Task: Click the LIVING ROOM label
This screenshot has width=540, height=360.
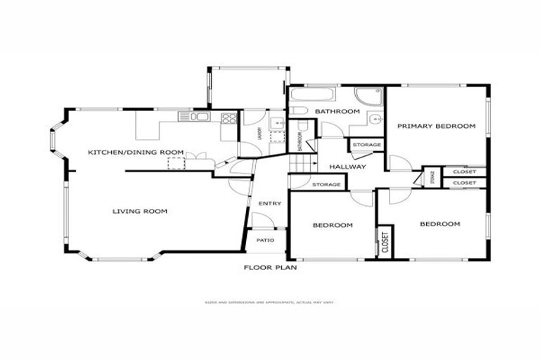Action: click(x=140, y=211)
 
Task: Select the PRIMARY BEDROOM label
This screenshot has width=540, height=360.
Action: click(x=436, y=127)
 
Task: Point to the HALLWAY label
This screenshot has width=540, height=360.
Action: click(x=347, y=167)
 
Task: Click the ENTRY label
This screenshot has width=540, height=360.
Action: click(x=270, y=204)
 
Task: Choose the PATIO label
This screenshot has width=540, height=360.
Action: click(x=265, y=240)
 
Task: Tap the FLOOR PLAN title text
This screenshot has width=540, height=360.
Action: click(x=270, y=267)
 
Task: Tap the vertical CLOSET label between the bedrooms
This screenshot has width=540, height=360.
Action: click(x=385, y=242)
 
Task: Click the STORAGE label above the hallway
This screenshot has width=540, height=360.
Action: click(x=366, y=145)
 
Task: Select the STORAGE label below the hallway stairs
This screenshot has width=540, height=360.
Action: click(x=326, y=185)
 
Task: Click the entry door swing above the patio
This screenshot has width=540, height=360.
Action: click(x=262, y=220)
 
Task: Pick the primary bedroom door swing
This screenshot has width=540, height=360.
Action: click(x=399, y=163)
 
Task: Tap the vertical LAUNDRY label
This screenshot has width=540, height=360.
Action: click(x=259, y=133)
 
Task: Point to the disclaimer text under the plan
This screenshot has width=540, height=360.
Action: click(x=270, y=302)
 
